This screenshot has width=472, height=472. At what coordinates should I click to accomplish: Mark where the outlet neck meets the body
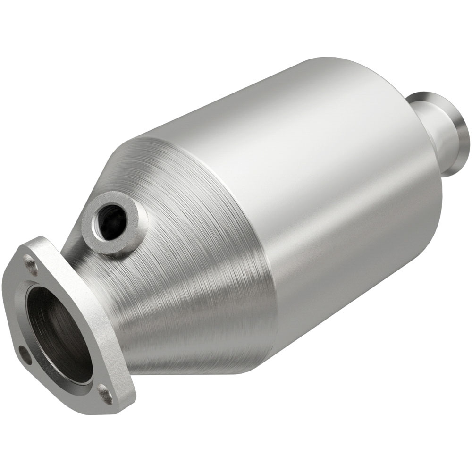tap(425, 142)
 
